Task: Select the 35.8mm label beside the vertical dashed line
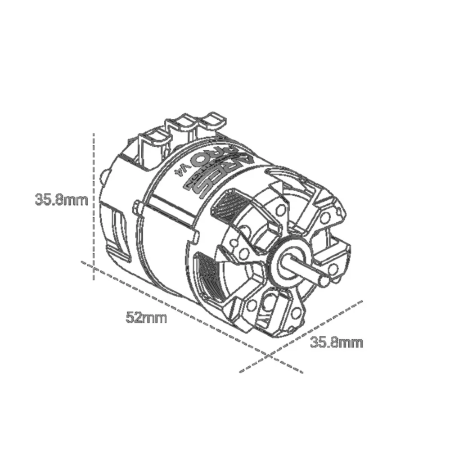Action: [61, 200]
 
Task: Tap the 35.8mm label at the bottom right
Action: [336, 341]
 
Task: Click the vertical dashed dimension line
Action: [93, 208]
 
